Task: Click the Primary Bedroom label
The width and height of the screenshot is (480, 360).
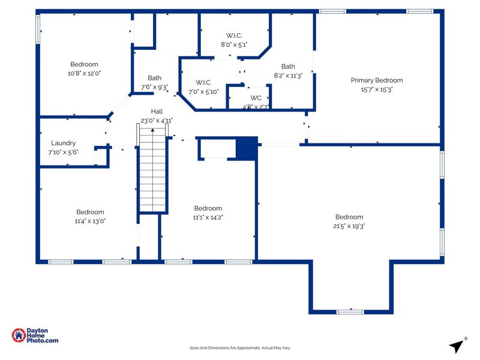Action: (377, 80)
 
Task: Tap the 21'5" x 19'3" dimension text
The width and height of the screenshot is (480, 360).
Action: (349, 226)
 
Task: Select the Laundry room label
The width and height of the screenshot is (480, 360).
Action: (63, 143)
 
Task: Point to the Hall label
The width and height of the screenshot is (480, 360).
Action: (157, 112)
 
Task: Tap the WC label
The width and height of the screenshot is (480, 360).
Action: (256, 98)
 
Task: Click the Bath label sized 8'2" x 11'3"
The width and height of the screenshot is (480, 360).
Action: (288, 67)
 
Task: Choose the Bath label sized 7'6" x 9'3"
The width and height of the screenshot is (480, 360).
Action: (155, 78)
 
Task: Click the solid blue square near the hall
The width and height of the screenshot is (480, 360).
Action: (246, 148)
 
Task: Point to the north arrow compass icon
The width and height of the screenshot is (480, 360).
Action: (457, 345)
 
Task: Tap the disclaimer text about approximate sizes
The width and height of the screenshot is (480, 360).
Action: (240, 348)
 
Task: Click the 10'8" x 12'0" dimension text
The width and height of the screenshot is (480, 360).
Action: (84, 73)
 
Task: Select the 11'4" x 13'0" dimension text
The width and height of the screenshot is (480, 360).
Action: (90, 221)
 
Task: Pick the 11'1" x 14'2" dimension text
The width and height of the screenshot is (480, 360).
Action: (208, 218)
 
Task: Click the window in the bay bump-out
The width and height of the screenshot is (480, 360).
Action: (350, 311)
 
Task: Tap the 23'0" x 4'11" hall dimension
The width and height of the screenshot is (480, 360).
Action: (157, 121)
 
